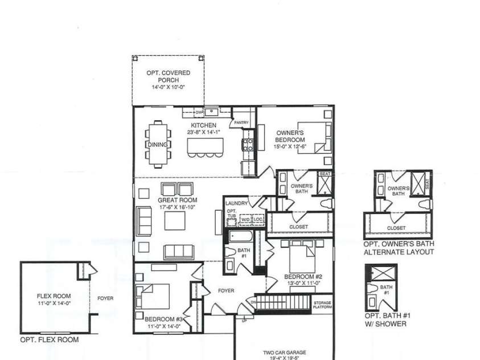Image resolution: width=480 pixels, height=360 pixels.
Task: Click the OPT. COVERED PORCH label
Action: (171, 77)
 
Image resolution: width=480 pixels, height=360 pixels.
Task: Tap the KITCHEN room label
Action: (203, 125)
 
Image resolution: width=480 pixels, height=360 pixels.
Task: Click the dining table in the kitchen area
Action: (158, 145)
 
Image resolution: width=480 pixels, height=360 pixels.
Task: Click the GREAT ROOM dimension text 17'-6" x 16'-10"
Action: (177, 208)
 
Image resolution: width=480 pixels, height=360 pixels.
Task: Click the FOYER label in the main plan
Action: (226, 291)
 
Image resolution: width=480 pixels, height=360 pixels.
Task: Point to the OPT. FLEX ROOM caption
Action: (50, 340)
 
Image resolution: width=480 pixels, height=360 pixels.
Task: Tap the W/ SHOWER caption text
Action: (385, 324)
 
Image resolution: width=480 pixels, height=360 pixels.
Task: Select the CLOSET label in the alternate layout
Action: (396, 228)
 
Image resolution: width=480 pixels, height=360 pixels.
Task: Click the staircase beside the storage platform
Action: (281, 303)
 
